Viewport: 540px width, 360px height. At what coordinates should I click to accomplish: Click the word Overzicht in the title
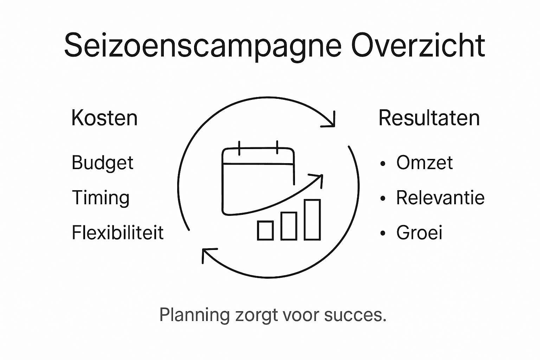[x=418, y=45]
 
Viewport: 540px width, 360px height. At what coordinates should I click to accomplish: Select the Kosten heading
[x=104, y=118]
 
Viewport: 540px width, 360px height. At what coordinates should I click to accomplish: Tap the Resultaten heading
[x=429, y=118]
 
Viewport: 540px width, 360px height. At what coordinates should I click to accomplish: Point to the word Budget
[x=103, y=163]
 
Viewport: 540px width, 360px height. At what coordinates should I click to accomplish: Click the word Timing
[x=101, y=198]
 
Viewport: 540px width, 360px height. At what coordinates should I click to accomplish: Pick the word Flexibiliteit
[x=118, y=232]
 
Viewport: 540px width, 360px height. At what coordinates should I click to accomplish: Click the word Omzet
[x=424, y=162]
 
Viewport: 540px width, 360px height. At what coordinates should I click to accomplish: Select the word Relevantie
[x=440, y=198]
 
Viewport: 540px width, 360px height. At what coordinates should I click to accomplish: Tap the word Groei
[x=419, y=232]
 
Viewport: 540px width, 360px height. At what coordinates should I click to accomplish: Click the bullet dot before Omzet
[x=383, y=163]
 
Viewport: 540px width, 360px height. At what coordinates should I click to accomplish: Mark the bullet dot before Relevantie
[x=383, y=199]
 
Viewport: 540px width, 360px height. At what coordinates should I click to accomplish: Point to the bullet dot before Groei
[x=383, y=233]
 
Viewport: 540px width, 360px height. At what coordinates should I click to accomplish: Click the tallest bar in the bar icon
[x=312, y=219]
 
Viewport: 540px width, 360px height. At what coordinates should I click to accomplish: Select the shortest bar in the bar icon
[x=265, y=230]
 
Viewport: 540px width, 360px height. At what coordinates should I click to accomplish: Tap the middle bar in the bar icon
[x=289, y=226]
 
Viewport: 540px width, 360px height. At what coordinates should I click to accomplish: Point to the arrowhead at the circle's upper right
[x=330, y=121]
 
